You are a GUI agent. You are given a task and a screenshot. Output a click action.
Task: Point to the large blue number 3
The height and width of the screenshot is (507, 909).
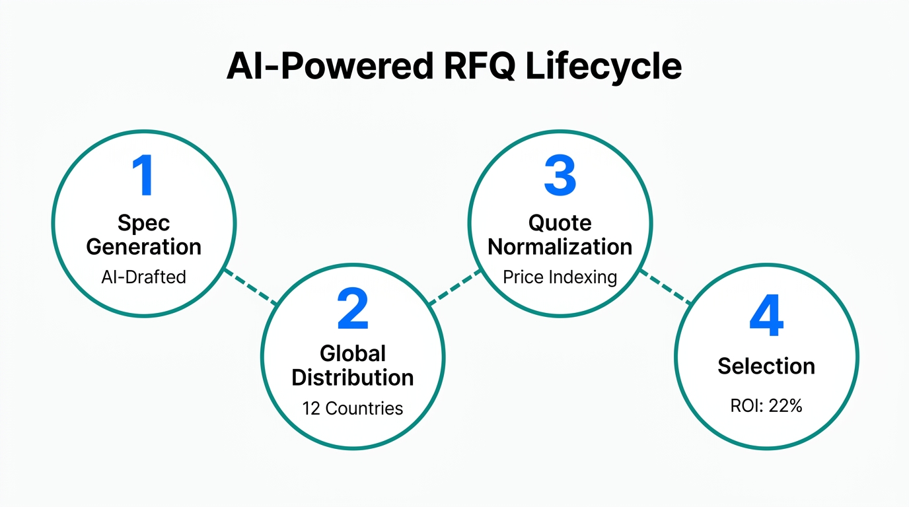point(560,176)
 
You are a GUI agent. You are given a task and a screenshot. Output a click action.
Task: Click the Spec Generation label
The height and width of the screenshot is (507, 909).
point(143,235)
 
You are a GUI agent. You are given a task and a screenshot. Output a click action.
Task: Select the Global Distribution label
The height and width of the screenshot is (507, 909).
point(352,366)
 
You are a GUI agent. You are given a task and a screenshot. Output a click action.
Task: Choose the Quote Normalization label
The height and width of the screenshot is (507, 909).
point(560,235)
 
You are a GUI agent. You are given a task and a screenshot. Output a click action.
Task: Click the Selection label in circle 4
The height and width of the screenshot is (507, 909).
point(766,366)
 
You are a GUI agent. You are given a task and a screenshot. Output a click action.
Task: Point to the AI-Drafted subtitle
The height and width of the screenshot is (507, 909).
point(143,277)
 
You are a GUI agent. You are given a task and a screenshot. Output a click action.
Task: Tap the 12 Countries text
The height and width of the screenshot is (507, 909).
point(352,408)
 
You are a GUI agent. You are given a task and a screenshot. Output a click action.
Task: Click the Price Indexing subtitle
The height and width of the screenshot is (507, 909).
point(560,277)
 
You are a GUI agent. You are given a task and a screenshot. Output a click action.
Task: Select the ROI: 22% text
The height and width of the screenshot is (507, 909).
point(766,406)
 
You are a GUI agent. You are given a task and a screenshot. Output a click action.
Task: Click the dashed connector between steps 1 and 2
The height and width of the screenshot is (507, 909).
point(250,287)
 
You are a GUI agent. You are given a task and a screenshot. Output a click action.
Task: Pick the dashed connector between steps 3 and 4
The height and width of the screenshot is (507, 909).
point(665,287)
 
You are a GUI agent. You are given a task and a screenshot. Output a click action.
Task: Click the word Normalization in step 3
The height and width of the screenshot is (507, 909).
point(560,247)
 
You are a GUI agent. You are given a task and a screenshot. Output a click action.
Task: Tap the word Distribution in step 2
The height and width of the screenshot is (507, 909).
point(352,378)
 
